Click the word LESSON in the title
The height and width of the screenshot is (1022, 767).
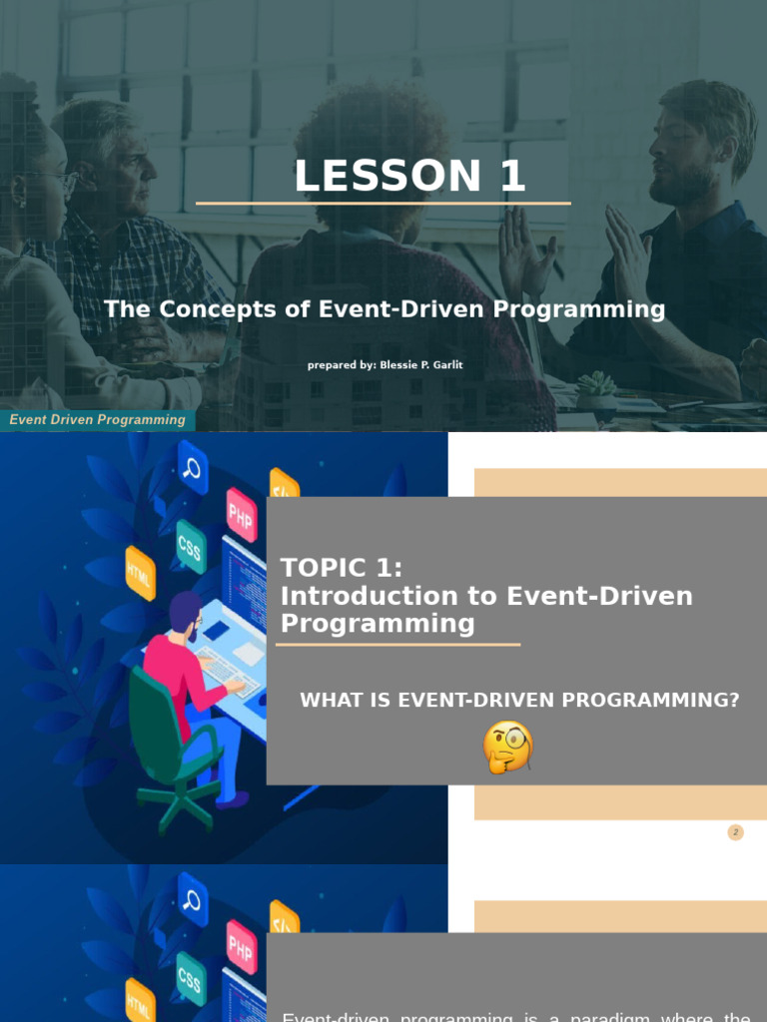375,177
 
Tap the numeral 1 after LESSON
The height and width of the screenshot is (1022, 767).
511,177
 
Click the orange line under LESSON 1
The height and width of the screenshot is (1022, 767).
383,204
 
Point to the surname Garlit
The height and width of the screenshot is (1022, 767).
444,365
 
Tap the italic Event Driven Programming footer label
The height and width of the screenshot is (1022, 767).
97,420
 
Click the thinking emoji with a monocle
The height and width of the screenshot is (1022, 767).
507,748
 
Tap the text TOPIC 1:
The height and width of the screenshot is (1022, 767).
342,568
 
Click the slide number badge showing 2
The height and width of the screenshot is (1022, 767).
736,832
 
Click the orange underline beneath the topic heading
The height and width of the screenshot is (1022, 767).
397,645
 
